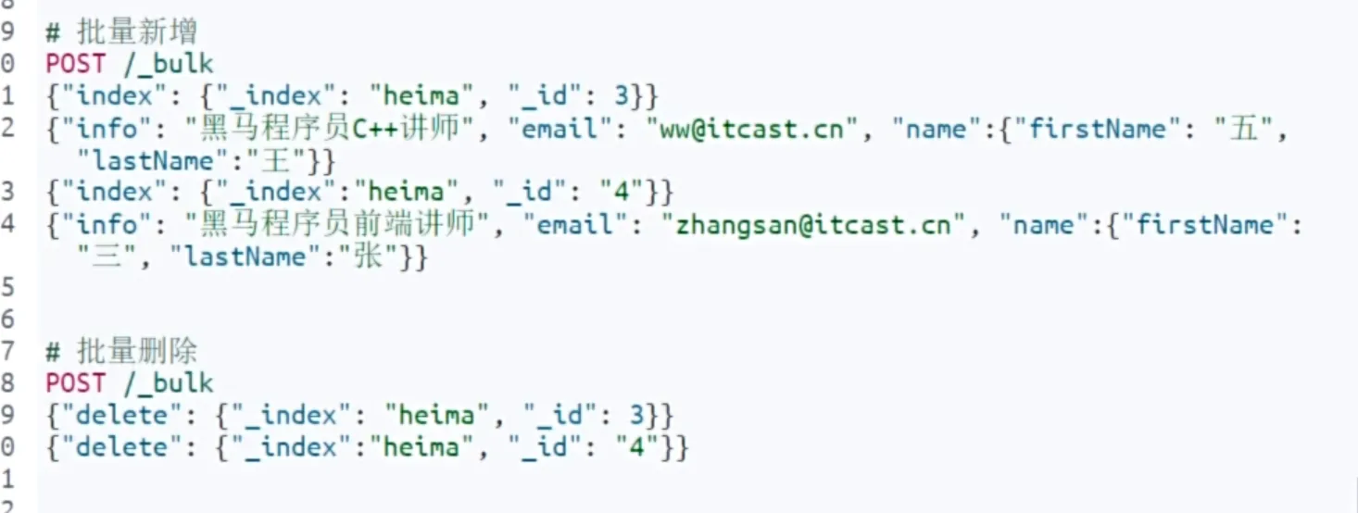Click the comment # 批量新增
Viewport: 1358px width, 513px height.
121,32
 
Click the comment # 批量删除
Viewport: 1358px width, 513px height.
121,351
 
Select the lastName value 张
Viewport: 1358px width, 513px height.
382,256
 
